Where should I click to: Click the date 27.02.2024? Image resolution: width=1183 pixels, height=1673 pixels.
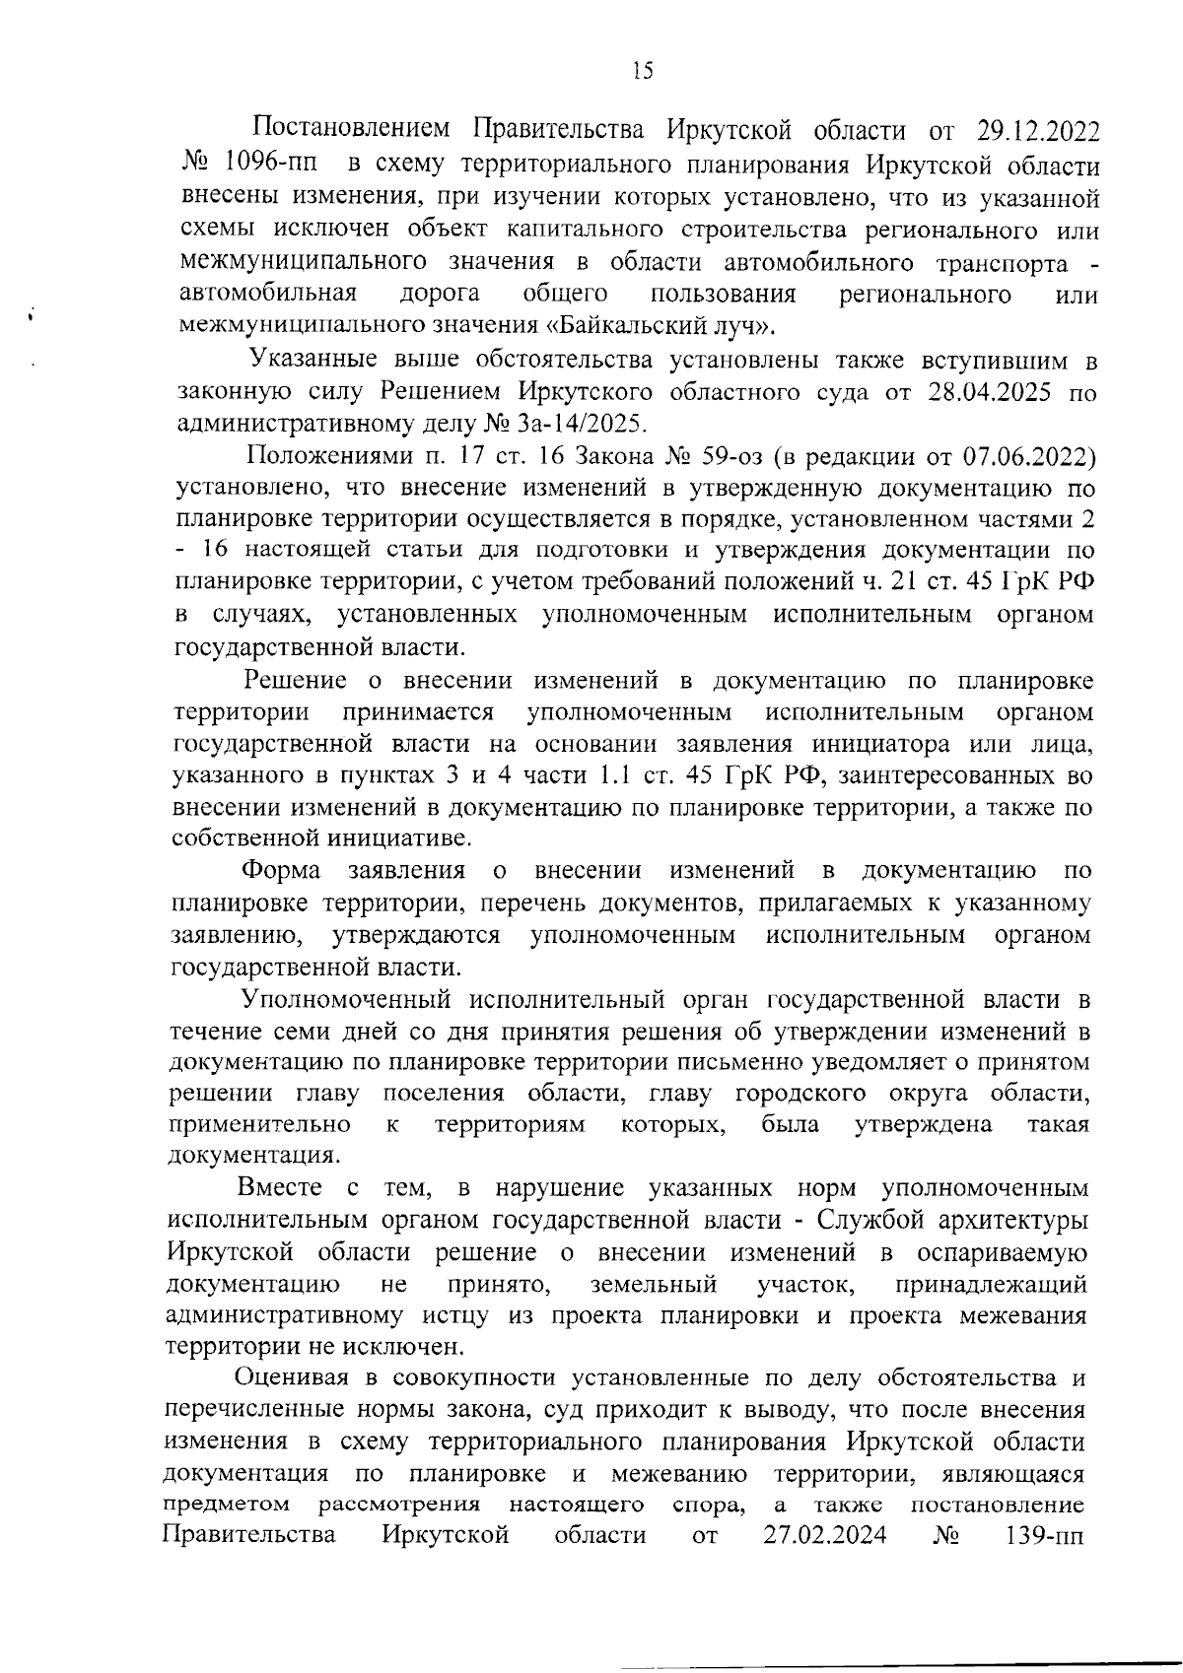(x=824, y=1535)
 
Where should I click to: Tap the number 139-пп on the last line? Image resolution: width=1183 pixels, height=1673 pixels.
(x=1043, y=1535)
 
